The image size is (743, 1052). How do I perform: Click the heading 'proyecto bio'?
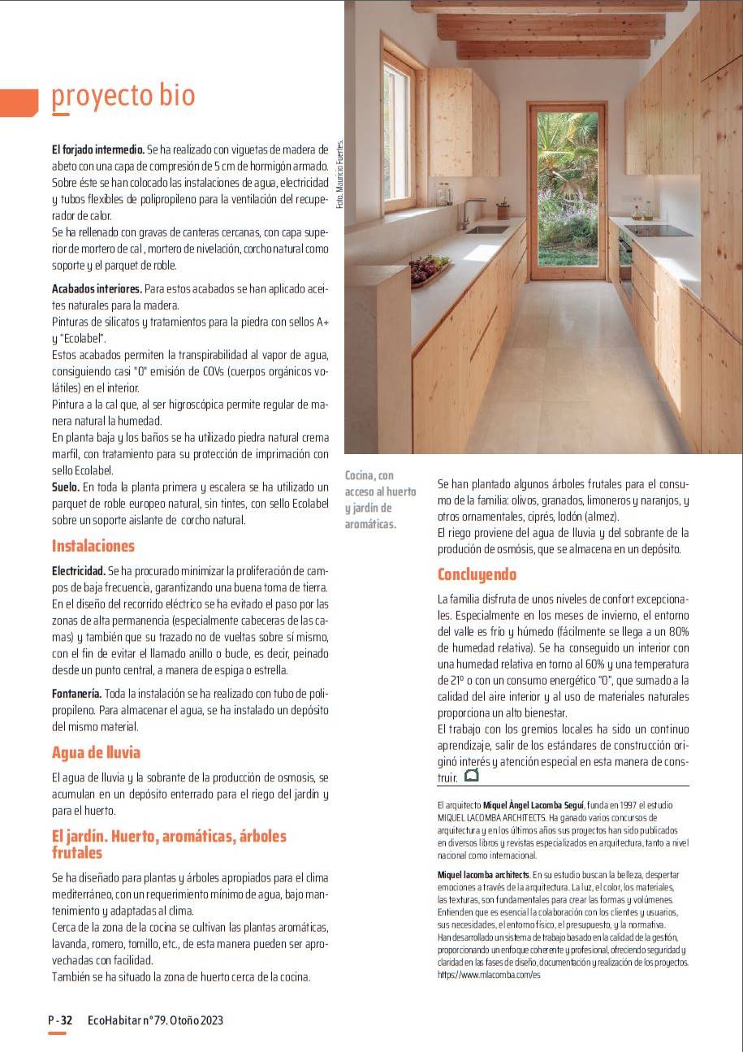tap(123, 96)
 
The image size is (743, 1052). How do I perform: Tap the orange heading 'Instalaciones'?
tap(93, 545)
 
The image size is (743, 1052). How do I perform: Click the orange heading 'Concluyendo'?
tap(477, 574)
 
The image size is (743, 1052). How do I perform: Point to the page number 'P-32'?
tap(61, 1020)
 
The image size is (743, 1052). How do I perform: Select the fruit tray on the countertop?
tap(430, 269)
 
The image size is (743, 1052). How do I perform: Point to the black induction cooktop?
tap(659, 230)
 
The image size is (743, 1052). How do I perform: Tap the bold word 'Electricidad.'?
tap(78, 571)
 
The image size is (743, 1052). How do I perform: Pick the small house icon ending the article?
tap(471, 776)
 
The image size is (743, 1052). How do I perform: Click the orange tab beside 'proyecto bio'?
tap(19, 101)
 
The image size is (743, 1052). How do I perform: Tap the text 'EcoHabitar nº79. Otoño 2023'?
tap(155, 1020)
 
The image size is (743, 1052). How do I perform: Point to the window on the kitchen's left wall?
tap(399, 134)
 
